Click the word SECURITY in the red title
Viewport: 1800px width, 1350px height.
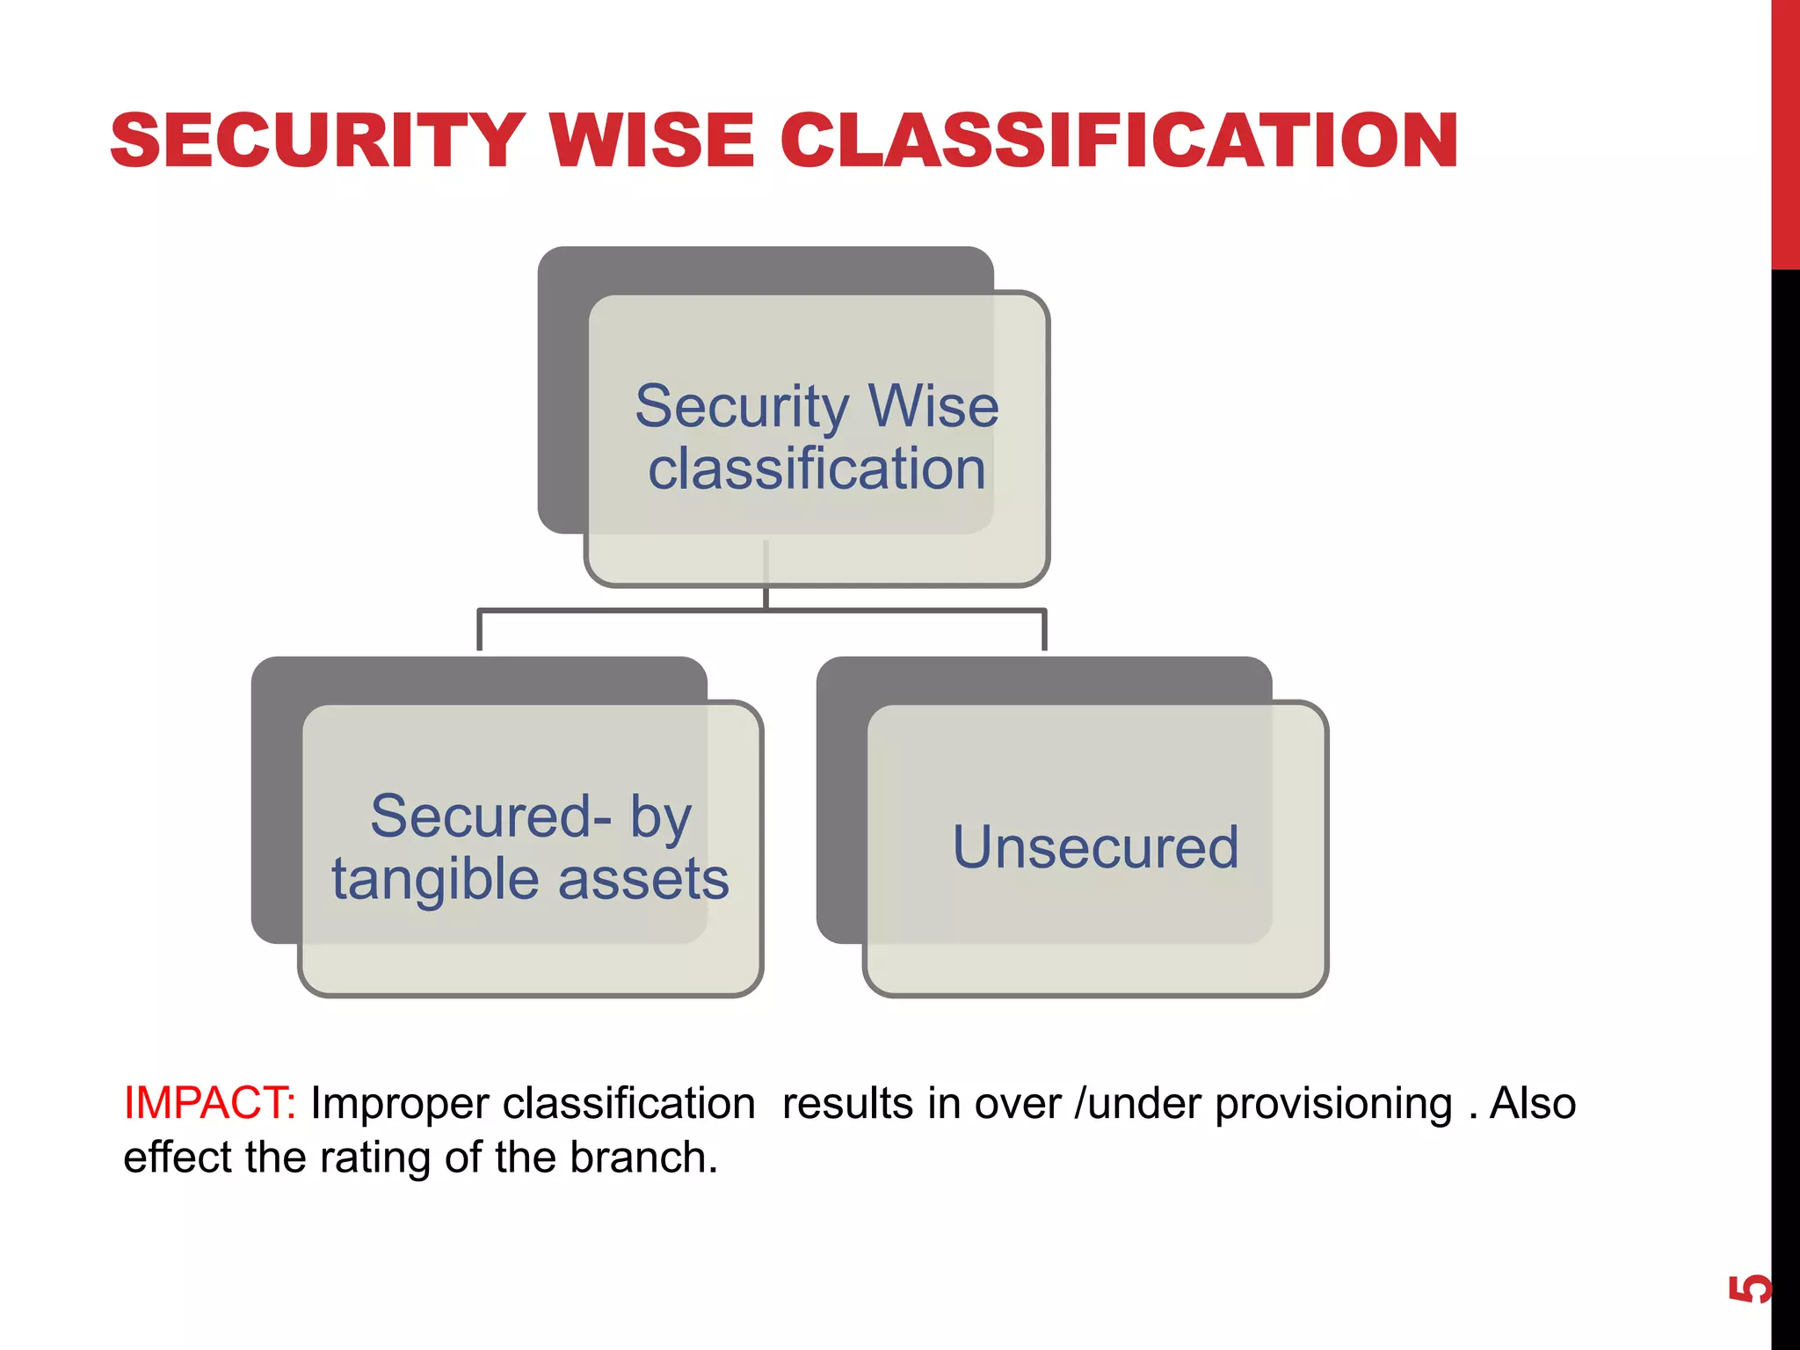pyautogui.click(x=317, y=141)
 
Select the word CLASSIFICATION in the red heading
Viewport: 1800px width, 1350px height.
pyautogui.click(x=1119, y=141)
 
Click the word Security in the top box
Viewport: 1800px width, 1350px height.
pyautogui.click(x=743, y=407)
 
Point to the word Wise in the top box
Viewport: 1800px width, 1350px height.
pyautogui.click(x=933, y=406)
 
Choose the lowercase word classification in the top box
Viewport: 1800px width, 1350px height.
pyautogui.click(x=817, y=468)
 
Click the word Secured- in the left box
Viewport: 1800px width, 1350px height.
pyautogui.click(x=490, y=816)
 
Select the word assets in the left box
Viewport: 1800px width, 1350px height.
pyautogui.click(x=643, y=879)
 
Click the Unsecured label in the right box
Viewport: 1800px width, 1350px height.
pyautogui.click(x=1096, y=847)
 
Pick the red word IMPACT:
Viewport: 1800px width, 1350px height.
pyautogui.click(x=209, y=1103)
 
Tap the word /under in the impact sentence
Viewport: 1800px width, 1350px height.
pyautogui.click(x=1137, y=1103)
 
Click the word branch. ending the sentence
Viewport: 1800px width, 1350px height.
pyautogui.click(x=643, y=1157)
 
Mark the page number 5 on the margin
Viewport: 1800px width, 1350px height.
pyautogui.click(x=1749, y=1288)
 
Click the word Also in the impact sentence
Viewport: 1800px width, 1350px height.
pyautogui.click(x=1533, y=1103)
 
